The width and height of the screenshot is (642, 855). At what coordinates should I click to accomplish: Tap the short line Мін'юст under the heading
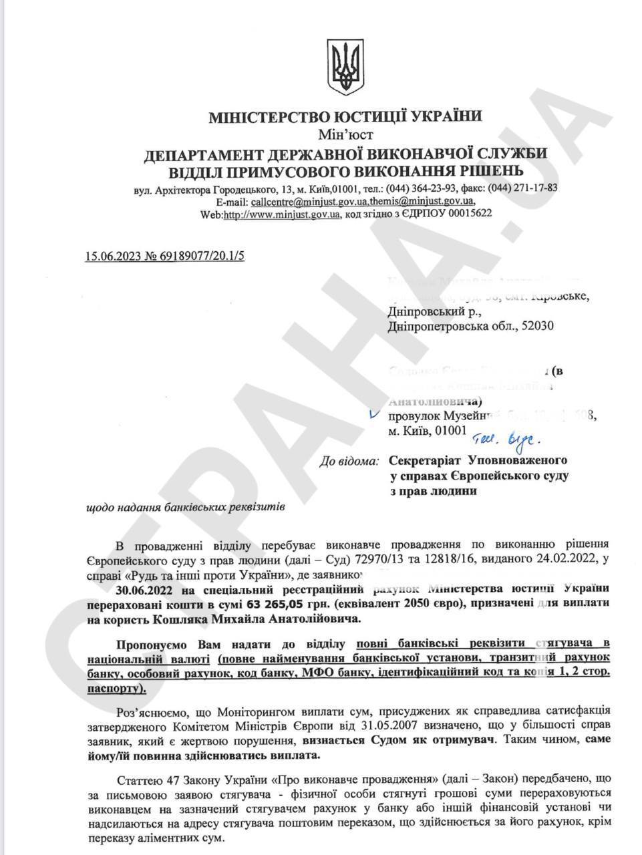tap(345, 134)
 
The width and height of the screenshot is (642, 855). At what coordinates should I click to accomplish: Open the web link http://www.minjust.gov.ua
tap(282, 214)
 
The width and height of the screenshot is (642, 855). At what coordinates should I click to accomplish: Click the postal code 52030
tap(537, 326)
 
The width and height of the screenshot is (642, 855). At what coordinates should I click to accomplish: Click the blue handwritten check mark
tap(374, 414)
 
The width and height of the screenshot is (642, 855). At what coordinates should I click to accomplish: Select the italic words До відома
tap(349, 461)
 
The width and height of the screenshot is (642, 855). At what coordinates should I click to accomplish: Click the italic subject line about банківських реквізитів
tap(186, 508)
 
